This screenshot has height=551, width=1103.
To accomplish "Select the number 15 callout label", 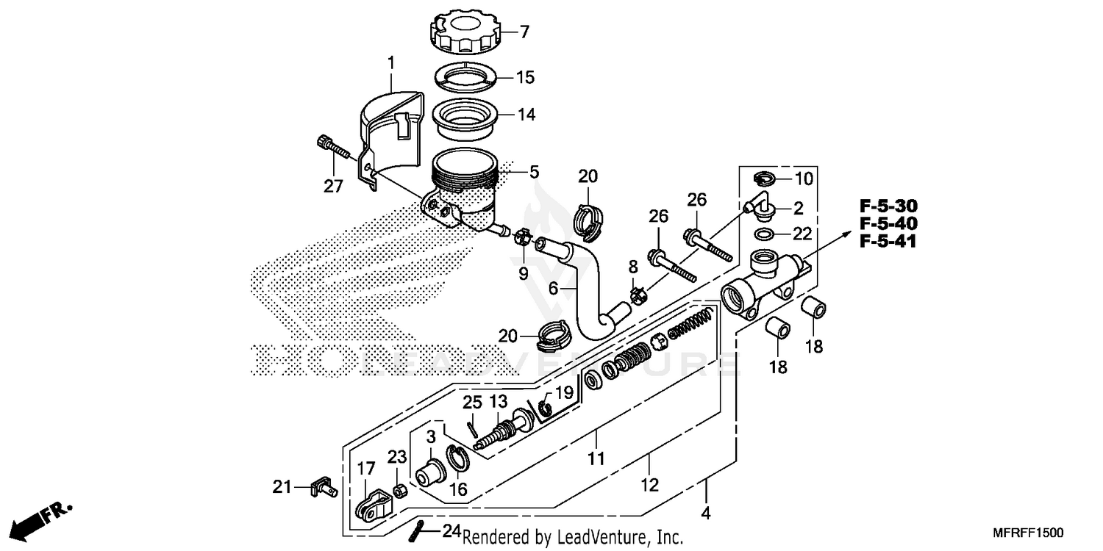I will pyautogui.click(x=525, y=77).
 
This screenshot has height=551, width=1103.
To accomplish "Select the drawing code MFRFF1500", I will pyautogui.click(x=1029, y=531).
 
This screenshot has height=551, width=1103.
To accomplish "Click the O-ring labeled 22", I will pyautogui.click(x=765, y=234).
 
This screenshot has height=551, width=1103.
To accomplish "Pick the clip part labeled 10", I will pyautogui.click(x=765, y=178).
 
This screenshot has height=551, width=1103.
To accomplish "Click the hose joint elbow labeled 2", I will pyautogui.click(x=759, y=207).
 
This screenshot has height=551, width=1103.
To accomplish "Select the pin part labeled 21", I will pyautogui.click(x=324, y=486).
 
